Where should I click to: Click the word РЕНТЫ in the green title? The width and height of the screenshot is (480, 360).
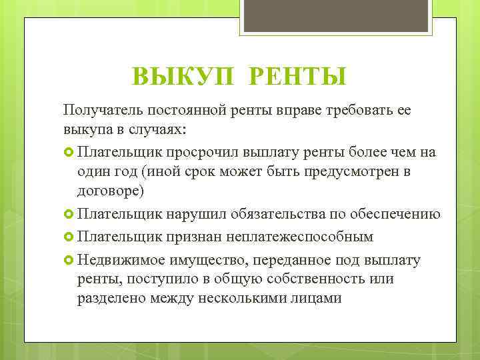pos(297,77)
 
